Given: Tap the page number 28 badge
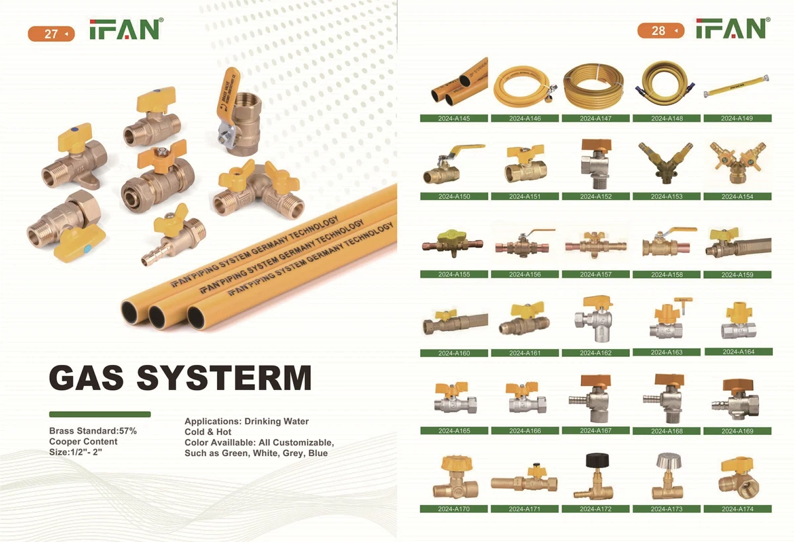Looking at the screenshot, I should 658,30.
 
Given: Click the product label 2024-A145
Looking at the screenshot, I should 454,118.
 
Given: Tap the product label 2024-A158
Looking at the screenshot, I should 666,274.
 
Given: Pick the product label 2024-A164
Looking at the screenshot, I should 738,352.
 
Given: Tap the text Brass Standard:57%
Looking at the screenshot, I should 93,431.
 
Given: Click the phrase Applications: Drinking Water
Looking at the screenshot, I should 247,421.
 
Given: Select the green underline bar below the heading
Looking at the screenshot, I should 100,414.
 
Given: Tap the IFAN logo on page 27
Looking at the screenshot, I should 126,30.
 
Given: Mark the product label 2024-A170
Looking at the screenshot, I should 454,509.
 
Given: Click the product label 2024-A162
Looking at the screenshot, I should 595,353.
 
